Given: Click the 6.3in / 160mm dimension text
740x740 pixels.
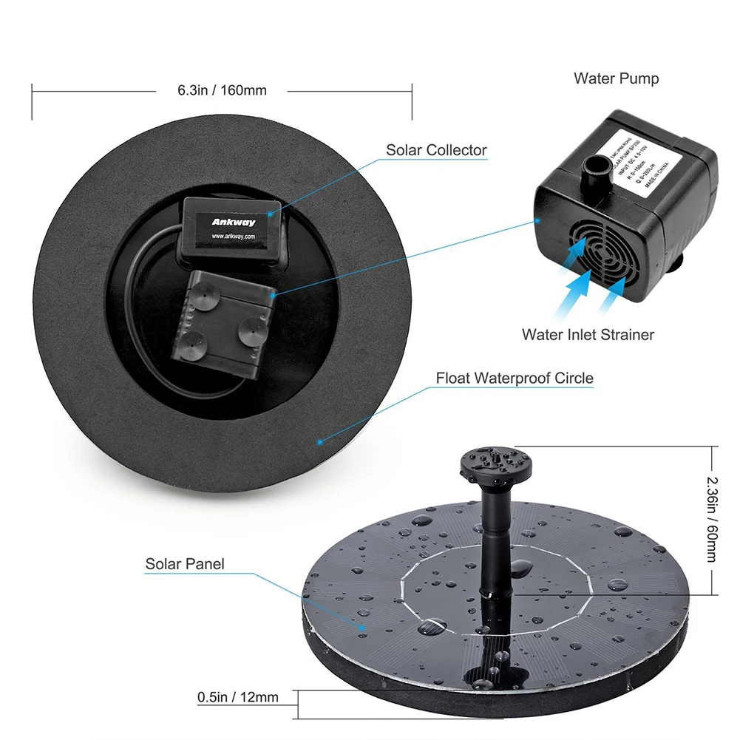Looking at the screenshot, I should click(222, 90).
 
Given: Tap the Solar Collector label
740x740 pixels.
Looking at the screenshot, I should click(436, 150).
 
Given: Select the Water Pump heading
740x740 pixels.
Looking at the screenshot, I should click(616, 78).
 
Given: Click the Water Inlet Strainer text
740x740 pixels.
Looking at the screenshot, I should click(588, 335).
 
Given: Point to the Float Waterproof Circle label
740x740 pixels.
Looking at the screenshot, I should click(515, 379).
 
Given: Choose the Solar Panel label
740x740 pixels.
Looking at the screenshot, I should click(185, 565).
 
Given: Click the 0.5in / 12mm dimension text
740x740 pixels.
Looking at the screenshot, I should click(238, 697).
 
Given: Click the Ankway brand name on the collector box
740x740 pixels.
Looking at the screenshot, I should click(233, 221).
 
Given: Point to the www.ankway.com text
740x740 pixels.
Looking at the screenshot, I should click(233, 237).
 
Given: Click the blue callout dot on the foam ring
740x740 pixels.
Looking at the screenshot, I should click(319, 442).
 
